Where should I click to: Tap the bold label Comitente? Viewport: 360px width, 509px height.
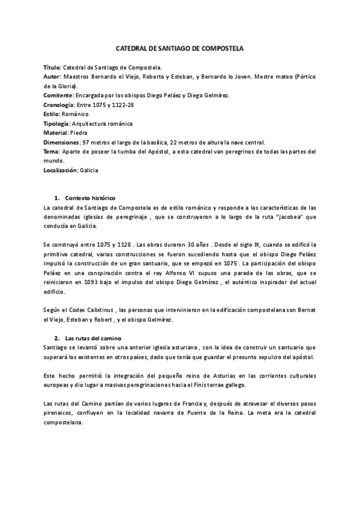[x=59, y=95]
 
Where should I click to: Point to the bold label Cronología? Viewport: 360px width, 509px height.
[x=59, y=104]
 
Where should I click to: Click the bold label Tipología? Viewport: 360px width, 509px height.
[x=58, y=123]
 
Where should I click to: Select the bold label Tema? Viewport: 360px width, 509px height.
[x=52, y=151]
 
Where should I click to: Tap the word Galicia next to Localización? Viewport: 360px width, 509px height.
[x=88, y=170]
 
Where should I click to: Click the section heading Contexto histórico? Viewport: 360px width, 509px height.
[x=90, y=197]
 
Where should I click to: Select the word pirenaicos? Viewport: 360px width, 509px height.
[x=61, y=414]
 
